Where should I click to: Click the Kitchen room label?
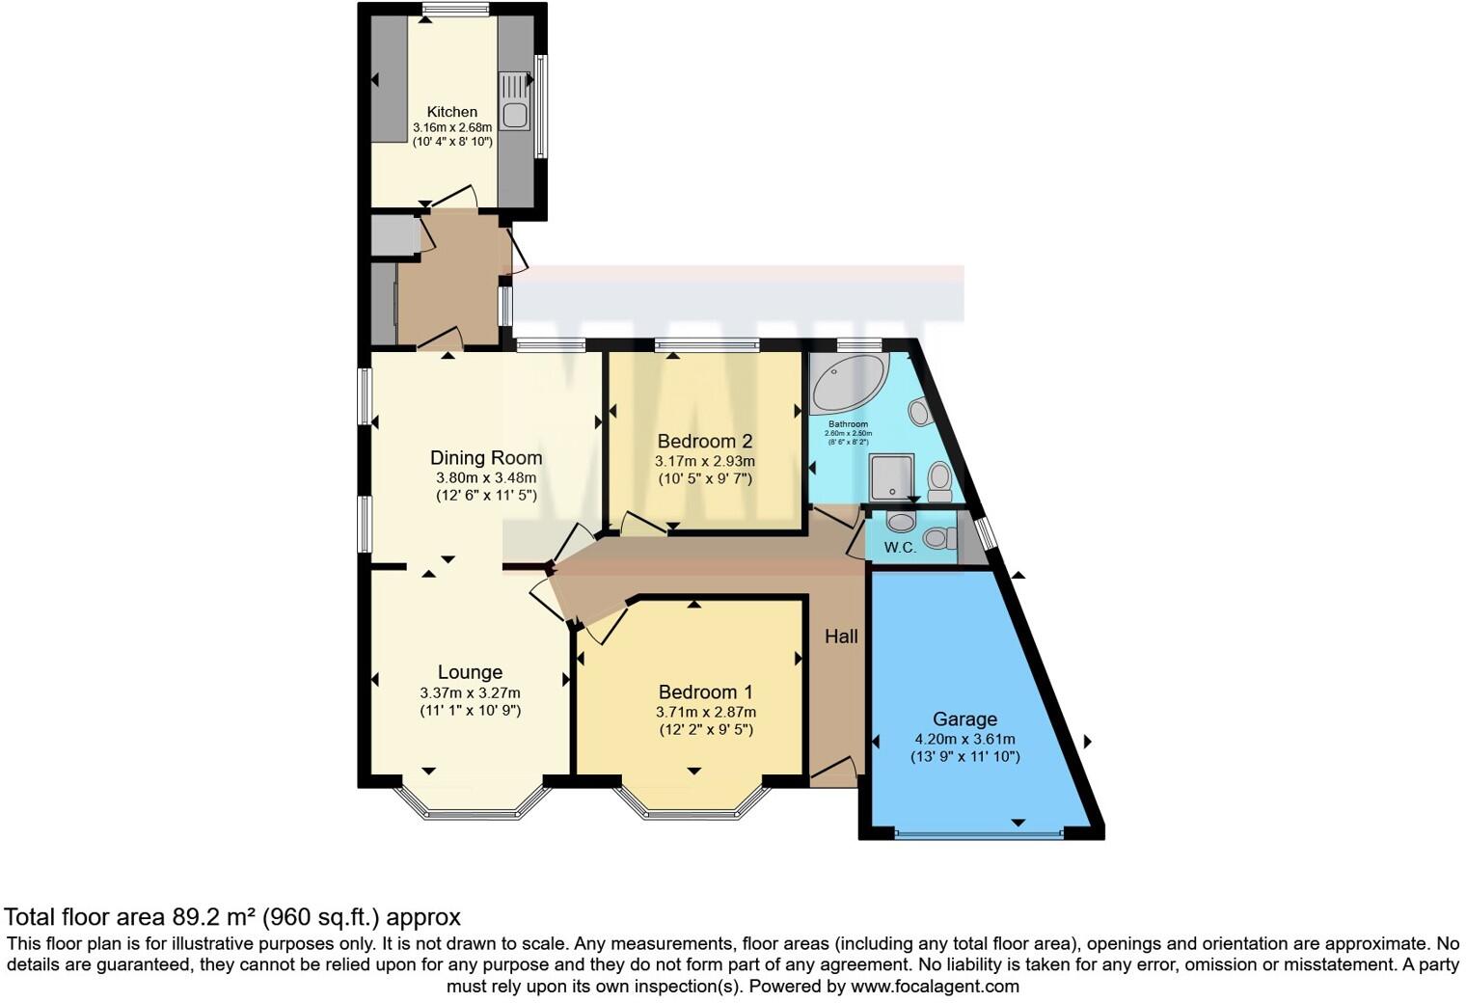point(451,112)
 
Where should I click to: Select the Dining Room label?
point(485,458)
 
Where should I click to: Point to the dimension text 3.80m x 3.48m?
point(485,477)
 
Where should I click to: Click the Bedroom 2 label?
point(704,442)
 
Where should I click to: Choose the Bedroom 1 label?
point(705,692)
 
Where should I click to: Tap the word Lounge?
point(470,672)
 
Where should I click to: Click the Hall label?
point(841,637)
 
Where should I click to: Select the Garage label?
point(964,719)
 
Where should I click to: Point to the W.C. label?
point(900,548)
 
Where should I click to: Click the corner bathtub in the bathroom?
point(846,382)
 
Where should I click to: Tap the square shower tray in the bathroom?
point(891,478)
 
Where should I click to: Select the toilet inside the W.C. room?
point(937,537)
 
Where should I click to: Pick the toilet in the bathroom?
point(939,479)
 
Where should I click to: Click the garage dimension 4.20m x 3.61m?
point(964,740)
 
